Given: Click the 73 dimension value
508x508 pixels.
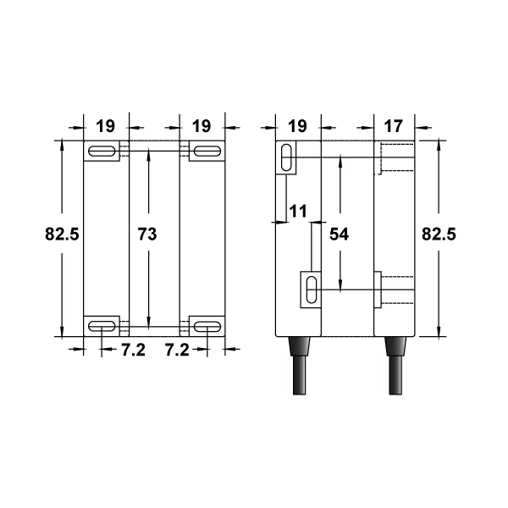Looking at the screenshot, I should point(146,235).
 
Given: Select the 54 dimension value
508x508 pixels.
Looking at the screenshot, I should point(339,235).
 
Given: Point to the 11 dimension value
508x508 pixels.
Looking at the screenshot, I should point(297,211).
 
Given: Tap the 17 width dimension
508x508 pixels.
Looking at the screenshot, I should point(394,126).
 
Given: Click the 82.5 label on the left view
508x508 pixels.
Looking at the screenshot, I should point(62,235).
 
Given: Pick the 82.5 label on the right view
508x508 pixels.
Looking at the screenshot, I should point(439,235).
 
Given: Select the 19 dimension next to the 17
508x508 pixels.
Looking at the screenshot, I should point(297,126).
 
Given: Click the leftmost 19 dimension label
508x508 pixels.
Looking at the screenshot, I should point(105,126).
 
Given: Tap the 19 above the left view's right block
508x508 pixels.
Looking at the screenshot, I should point(202,126).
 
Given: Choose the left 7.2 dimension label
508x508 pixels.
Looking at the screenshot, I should point(133,350).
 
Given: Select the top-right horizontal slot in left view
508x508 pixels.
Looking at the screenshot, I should point(204,151).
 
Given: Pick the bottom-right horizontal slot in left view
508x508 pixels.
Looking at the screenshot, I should point(204,324).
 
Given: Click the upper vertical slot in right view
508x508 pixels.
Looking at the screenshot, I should point(287,157).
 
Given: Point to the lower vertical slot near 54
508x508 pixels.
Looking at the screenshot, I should point(312,288).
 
